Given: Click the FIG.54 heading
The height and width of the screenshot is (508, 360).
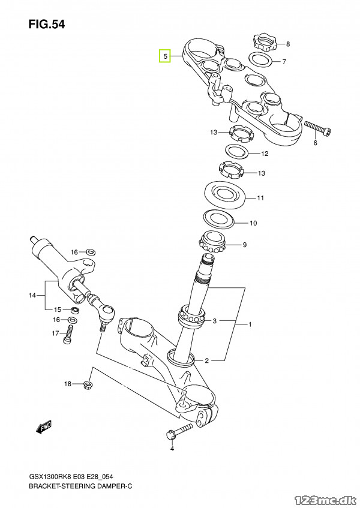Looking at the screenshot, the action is (47, 25).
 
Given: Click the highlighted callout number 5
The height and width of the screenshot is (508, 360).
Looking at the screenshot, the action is (165, 56).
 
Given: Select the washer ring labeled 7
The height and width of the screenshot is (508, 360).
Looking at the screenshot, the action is (260, 59).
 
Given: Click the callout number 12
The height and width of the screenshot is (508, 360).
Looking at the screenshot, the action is (265, 154).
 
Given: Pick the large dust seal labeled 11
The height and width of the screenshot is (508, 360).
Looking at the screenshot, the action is (225, 196).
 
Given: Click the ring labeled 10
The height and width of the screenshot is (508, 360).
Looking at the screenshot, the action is (219, 220).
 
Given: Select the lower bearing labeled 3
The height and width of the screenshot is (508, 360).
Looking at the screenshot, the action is (192, 316).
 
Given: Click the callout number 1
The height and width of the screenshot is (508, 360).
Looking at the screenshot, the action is (250, 324).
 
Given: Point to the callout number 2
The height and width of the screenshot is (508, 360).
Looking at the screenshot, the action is (207, 360).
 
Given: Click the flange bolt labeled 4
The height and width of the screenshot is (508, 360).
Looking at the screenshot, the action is (179, 431).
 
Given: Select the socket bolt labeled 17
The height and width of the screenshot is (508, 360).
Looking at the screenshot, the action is (68, 335).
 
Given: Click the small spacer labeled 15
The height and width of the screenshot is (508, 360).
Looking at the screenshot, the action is (75, 310).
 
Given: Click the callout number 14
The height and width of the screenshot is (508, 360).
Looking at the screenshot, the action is (32, 295).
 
